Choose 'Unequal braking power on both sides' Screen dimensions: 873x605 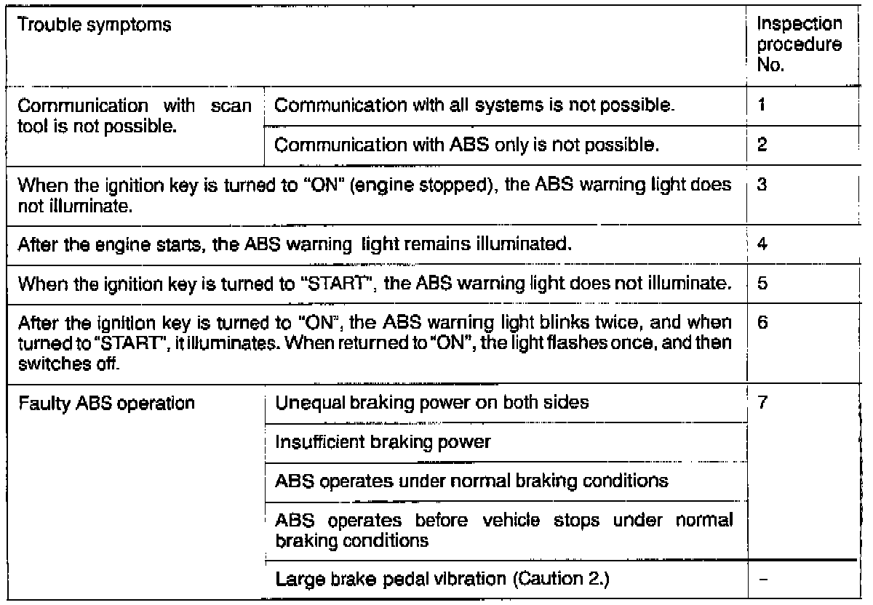click(x=432, y=403)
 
